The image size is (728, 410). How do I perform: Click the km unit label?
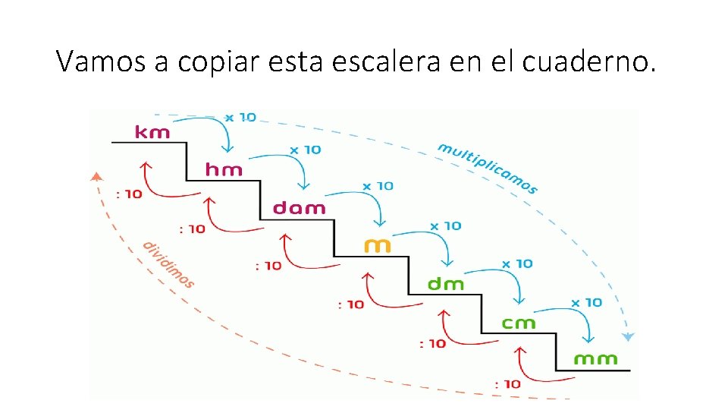152,132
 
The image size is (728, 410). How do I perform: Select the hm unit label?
224,170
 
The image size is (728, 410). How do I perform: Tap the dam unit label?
299,208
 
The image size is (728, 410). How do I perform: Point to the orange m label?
378,245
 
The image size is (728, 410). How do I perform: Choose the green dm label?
446,284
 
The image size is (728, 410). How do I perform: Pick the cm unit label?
519,323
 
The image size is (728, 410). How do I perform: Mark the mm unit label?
595,358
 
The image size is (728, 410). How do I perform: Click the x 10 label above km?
240,118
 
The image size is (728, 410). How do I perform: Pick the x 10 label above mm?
586,302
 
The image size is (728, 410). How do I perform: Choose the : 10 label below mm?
507,383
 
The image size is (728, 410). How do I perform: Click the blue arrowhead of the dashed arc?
629,336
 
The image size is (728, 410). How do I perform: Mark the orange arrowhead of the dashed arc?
96,177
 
